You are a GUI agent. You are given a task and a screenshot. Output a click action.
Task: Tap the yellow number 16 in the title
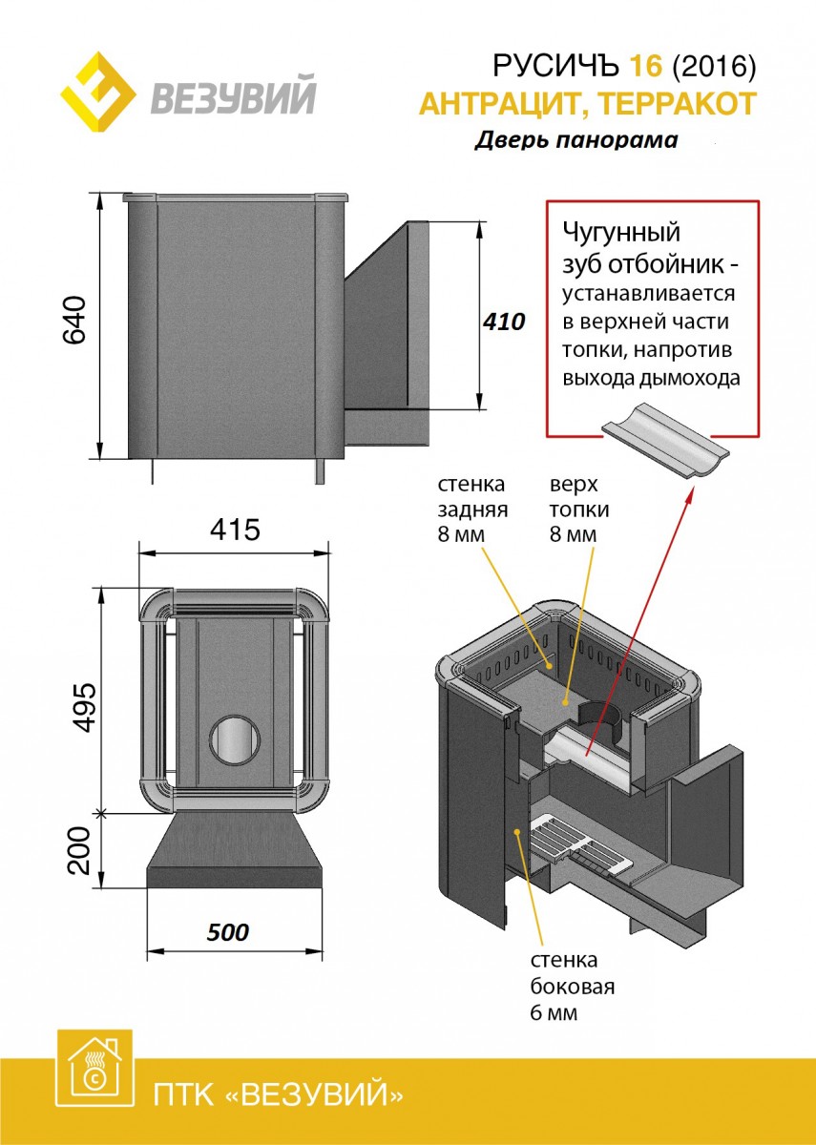[644, 67]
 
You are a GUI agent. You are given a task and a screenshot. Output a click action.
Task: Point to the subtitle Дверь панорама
[576, 140]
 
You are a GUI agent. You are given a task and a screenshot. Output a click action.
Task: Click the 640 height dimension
[75, 320]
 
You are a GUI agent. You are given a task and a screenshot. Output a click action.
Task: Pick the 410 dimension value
[504, 322]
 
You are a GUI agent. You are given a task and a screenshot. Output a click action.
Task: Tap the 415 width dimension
[235, 530]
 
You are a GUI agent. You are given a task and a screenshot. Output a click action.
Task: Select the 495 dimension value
[85, 706]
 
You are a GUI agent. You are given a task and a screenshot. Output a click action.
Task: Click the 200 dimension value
[85, 848]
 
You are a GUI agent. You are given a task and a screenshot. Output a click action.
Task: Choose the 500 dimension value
[228, 932]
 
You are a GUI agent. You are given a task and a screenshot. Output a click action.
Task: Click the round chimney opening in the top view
[234, 740]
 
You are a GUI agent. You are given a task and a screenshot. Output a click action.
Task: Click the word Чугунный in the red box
[621, 233]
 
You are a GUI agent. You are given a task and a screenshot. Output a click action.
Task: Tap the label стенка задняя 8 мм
[471, 509]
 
